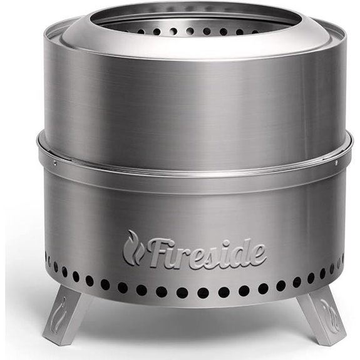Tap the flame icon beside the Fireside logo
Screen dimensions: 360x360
click(132, 248)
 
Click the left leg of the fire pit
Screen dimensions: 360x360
click(65, 316)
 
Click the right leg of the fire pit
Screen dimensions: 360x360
click(320, 316)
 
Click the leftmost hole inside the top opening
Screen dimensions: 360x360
click(126, 29)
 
